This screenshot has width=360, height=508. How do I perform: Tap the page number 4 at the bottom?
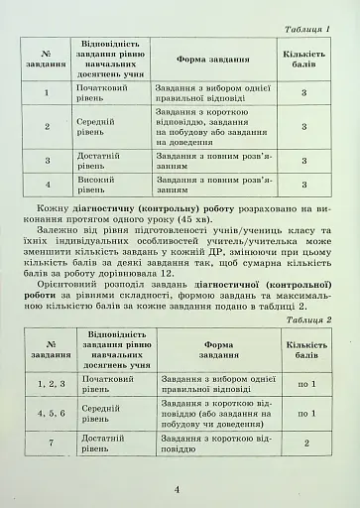(x=179, y=489)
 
